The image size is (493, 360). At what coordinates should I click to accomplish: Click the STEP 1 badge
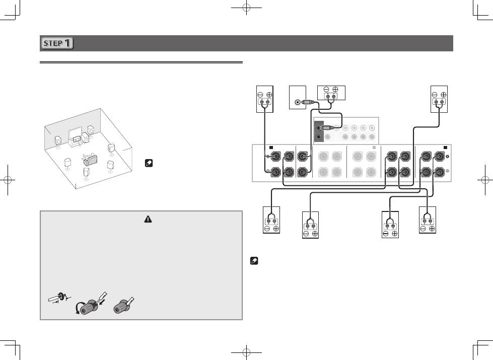56,43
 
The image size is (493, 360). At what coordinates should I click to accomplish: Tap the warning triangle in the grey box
148,219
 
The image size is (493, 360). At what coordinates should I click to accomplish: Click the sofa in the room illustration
89,160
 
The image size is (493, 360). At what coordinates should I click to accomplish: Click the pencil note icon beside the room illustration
149,163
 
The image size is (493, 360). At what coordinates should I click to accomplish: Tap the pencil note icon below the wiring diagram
254,261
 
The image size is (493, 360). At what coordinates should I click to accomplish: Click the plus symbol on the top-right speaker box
443,95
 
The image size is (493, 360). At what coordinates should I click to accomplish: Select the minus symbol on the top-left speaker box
260,95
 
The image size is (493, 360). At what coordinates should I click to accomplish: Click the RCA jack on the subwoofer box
297,102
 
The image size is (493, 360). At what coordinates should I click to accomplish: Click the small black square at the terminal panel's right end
445,148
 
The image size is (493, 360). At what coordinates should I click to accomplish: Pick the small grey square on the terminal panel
374,148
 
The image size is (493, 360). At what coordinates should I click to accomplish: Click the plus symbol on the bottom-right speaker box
432,229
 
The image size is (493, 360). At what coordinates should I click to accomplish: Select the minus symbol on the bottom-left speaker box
267,229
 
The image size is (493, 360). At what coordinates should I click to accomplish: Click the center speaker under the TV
77,138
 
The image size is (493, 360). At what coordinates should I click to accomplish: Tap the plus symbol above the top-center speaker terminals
335,89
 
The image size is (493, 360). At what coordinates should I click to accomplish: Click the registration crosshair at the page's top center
247,7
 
